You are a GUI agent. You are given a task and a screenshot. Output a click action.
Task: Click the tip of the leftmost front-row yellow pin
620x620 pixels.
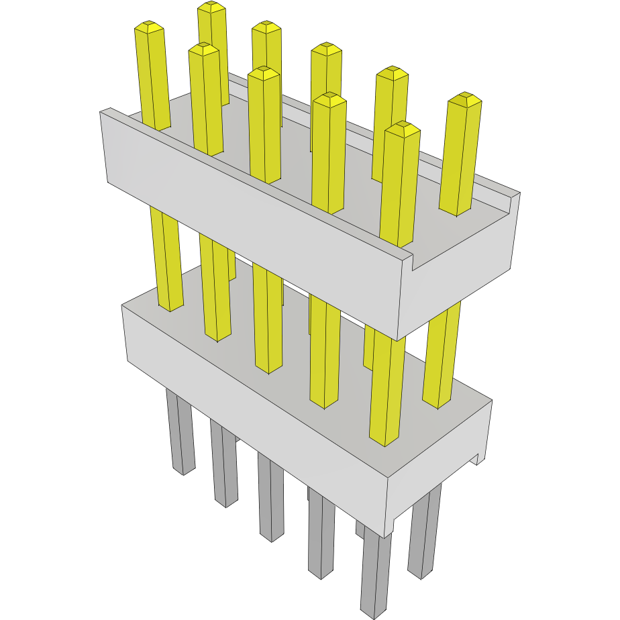coord(149,28)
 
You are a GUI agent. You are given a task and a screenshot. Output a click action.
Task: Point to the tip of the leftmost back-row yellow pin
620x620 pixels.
coord(211,7)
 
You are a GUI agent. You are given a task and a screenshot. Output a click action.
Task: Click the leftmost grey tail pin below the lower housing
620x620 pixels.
coord(180,436)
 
